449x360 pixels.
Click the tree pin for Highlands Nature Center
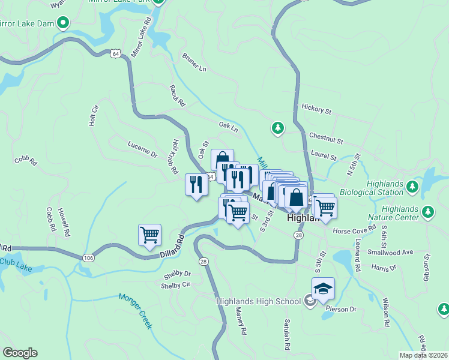[x=427, y=212]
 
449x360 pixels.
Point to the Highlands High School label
[x=261, y=300]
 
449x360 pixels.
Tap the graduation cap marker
[x=323, y=289]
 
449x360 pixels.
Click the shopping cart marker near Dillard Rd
[x=149, y=235]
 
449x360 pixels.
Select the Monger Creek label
[x=136, y=310]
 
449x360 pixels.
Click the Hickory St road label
[x=317, y=110]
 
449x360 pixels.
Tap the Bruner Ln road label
[x=194, y=62]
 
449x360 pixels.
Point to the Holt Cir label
[x=93, y=116]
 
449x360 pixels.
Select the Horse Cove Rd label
[x=354, y=230]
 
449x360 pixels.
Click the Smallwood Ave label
[x=393, y=253]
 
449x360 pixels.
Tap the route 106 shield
[x=88, y=257]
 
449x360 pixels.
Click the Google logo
[x=20, y=353]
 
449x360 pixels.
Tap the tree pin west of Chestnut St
[x=277, y=128]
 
